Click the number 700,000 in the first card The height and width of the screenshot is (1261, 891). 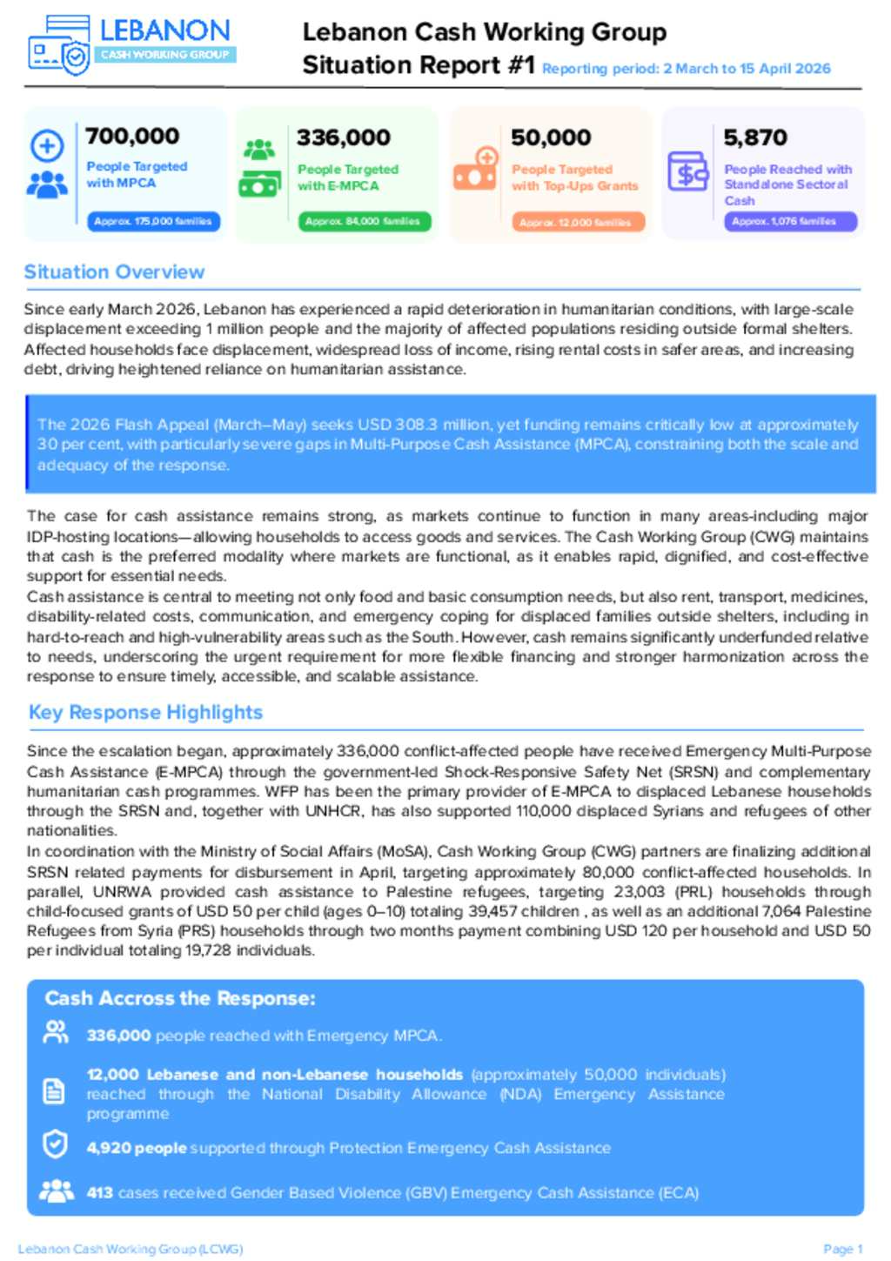132,136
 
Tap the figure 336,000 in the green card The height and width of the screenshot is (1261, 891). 344,138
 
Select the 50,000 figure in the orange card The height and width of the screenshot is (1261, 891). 551,138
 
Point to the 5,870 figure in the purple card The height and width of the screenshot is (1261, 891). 755,138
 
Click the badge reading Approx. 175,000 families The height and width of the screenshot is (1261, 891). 153,222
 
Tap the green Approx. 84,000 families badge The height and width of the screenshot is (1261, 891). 363,222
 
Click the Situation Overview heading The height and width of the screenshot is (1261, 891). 114,272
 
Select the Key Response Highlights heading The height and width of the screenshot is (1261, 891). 145,712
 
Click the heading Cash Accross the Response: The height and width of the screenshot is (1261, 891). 180,998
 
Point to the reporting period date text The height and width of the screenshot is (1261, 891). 687,69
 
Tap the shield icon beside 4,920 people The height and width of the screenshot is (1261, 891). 55,1144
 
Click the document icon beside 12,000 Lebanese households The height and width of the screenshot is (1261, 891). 54,1091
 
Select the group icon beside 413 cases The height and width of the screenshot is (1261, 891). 57,1191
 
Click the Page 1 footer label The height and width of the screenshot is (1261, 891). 842,1249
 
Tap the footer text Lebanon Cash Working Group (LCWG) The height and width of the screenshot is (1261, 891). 131,1249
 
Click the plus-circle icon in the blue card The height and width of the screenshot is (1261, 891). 48,145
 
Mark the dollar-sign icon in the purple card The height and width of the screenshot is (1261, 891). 687,172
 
